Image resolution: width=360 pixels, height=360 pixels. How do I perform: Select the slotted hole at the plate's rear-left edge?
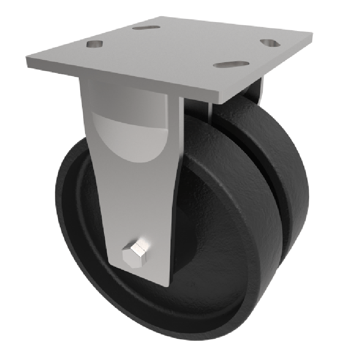146,28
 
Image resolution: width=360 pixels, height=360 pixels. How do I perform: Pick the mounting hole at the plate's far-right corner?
270,43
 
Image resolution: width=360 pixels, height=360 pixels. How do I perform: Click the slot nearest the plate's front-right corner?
231,64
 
